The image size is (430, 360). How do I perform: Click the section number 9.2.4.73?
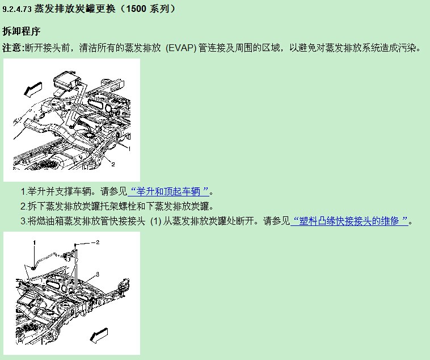(x=17, y=9)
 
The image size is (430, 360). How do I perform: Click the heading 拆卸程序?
(x=22, y=31)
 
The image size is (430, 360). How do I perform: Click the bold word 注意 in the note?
(x=12, y=48)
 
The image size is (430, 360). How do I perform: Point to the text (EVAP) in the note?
(x=181, y=48)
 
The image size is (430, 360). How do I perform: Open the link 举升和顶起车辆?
(x=168, y=191)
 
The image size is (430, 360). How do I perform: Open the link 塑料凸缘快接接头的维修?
(x=349, y=221)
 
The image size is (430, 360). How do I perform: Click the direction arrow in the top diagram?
(x=33, y=89)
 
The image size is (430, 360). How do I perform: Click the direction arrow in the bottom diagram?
(x=99, y=335)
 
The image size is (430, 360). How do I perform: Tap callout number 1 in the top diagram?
(x=129, y=149)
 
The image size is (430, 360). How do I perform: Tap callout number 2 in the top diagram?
(x=113, y=164)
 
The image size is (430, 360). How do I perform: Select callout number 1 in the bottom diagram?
(x=34, y=242)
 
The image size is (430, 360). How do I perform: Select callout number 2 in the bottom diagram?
(x=98, y=242)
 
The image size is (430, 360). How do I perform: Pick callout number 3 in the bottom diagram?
(x=98, y=274)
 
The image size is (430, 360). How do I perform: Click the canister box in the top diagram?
(x=66, y=79)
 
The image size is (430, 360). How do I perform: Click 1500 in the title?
(x=136, y=9)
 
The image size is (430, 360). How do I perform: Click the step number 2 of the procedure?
(x=23, y=206)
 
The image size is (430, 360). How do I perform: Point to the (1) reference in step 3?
(x=156, y=221)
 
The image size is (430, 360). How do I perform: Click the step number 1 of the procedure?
(x=23, y=192)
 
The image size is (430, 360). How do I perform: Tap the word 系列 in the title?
(x=159, y=9)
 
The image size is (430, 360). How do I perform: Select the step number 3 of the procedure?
(x=23, y=221)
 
